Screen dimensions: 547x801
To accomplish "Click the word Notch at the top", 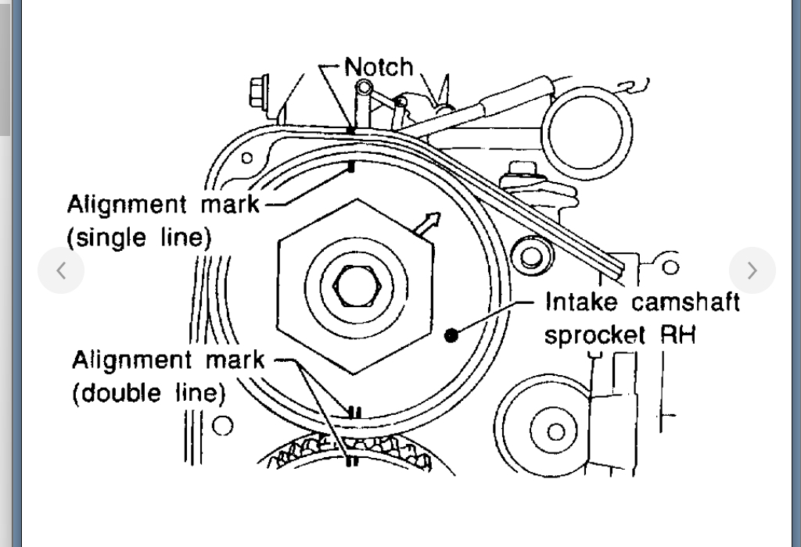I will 379,67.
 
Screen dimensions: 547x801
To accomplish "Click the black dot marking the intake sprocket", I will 451,335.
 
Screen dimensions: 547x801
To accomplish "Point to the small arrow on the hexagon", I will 426,224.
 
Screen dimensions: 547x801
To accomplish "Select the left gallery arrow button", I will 61,270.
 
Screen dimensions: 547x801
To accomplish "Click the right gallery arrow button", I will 752,270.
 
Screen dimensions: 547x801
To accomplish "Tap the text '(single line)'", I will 139,237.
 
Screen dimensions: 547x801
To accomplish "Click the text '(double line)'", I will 148,392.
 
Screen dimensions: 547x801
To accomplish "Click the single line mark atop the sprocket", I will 352,166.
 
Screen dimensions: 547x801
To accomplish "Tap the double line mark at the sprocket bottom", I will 353,411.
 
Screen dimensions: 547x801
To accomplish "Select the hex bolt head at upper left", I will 259,92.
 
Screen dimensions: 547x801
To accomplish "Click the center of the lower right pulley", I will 555,431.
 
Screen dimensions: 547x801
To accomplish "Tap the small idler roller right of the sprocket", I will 531,256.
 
